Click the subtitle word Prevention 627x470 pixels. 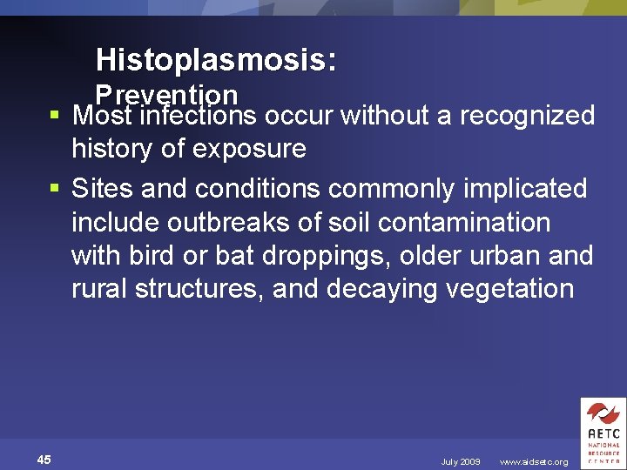(166, 93)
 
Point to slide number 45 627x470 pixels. (44, 460)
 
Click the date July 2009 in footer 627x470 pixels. (460, 461)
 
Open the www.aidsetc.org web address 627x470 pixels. (533, 461)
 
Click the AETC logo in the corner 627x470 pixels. (602, 433)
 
